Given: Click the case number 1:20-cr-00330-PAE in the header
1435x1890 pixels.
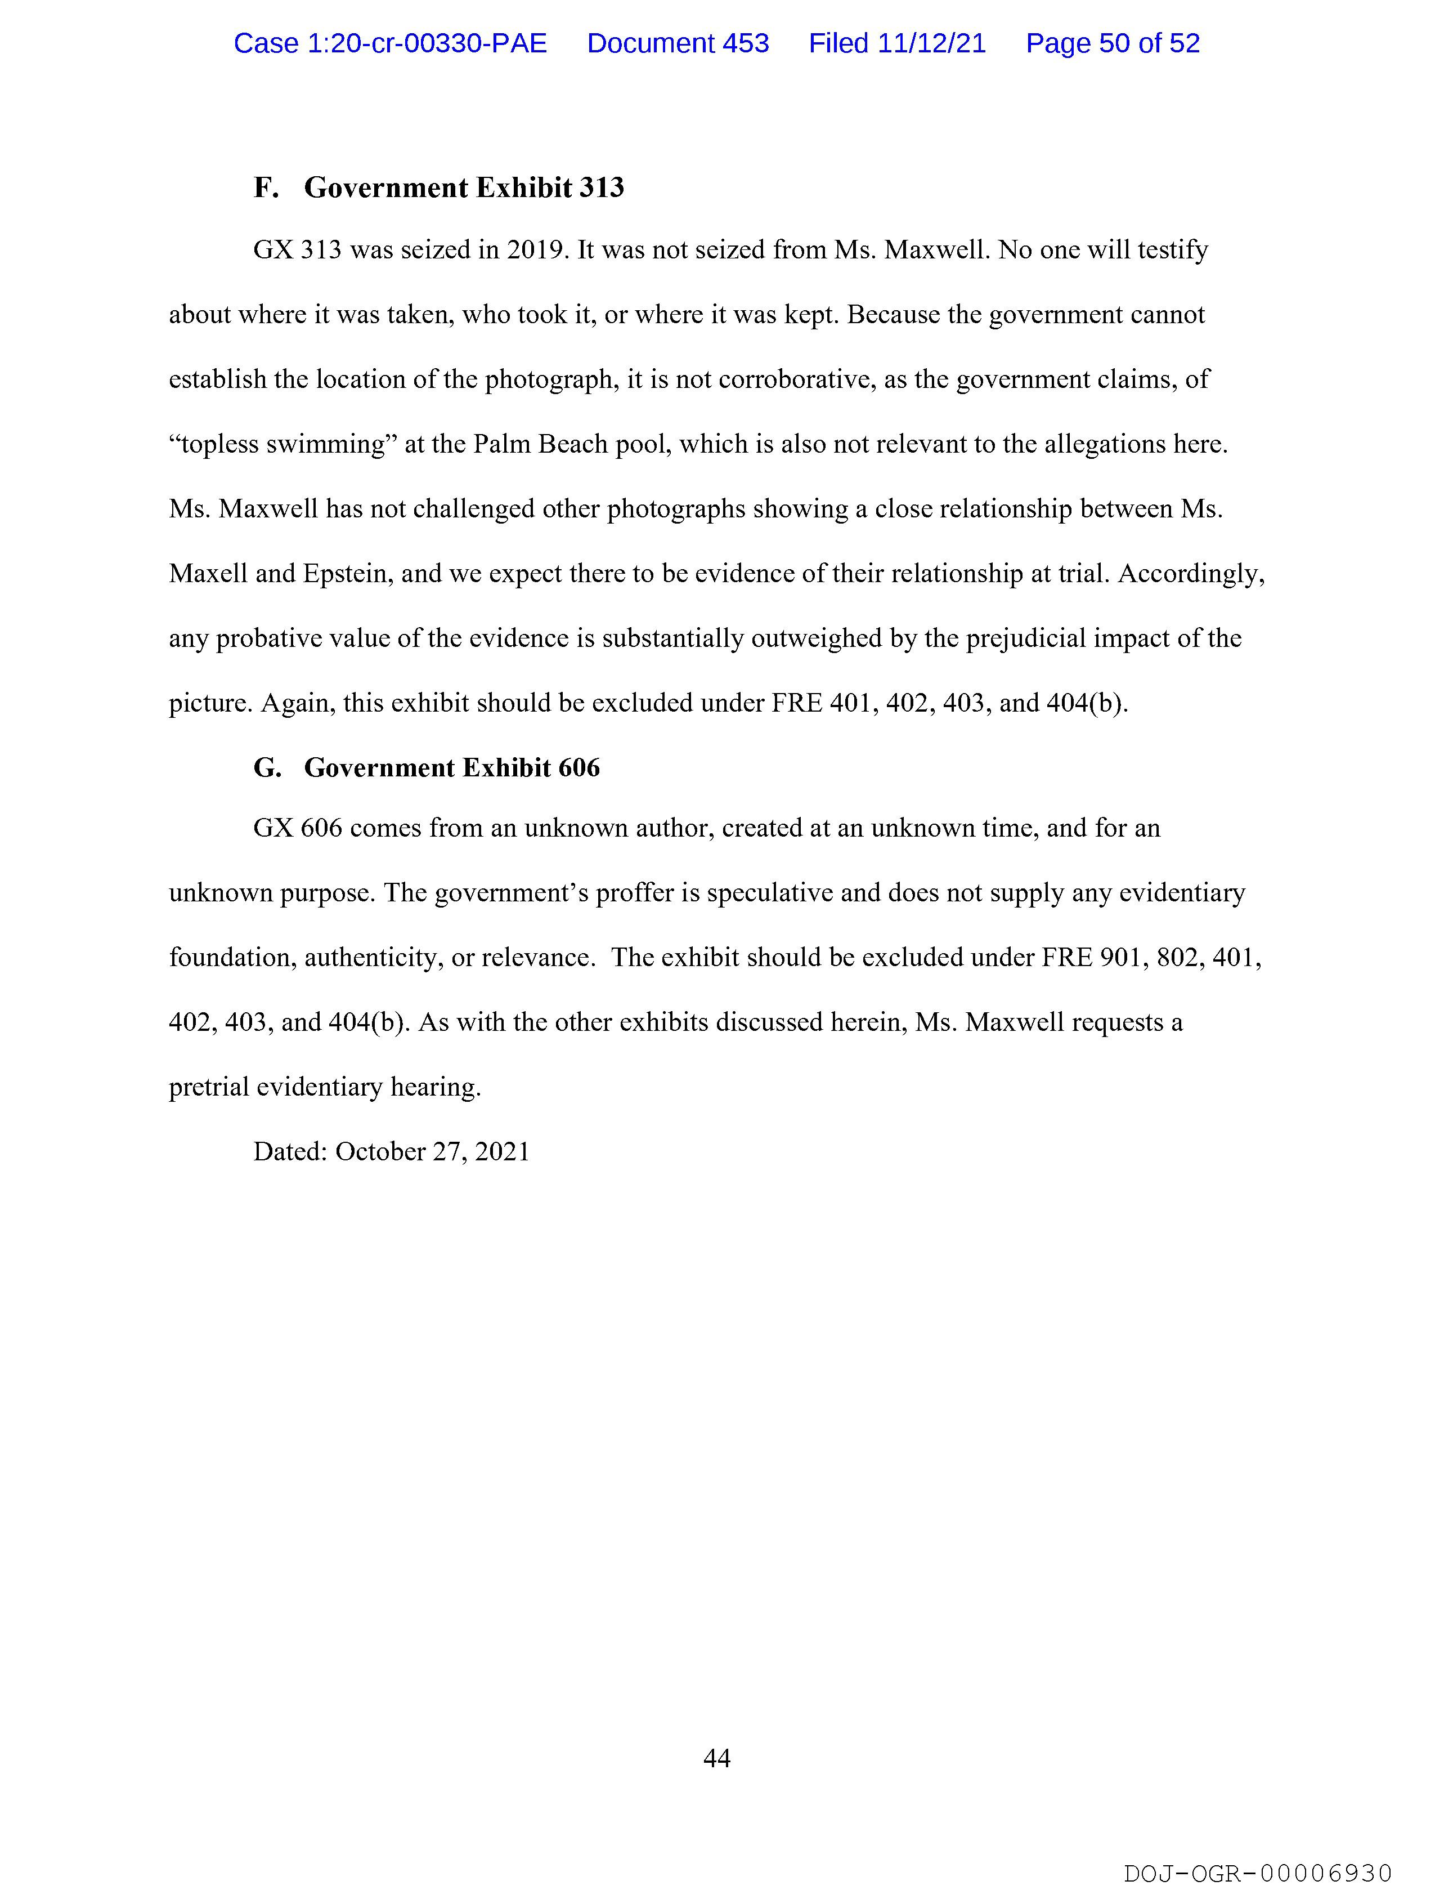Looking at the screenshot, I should pyautogui.click(x=391, y=43).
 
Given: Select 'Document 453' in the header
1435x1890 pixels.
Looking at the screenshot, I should pyautogui.click(x=678, y=43).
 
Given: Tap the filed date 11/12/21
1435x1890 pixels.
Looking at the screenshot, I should pyautogui.click(x=931, y=43).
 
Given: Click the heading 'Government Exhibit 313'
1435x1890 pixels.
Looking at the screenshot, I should pyautogui.click(x=464, y=188).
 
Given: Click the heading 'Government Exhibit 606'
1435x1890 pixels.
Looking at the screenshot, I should pyautogui.click(x=452, y=767).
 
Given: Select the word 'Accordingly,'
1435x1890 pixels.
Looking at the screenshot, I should pyautogui.click(x=1191, y=573).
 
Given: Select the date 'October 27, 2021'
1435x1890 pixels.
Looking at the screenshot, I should pyautogui.click(x=432, y=1152).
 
